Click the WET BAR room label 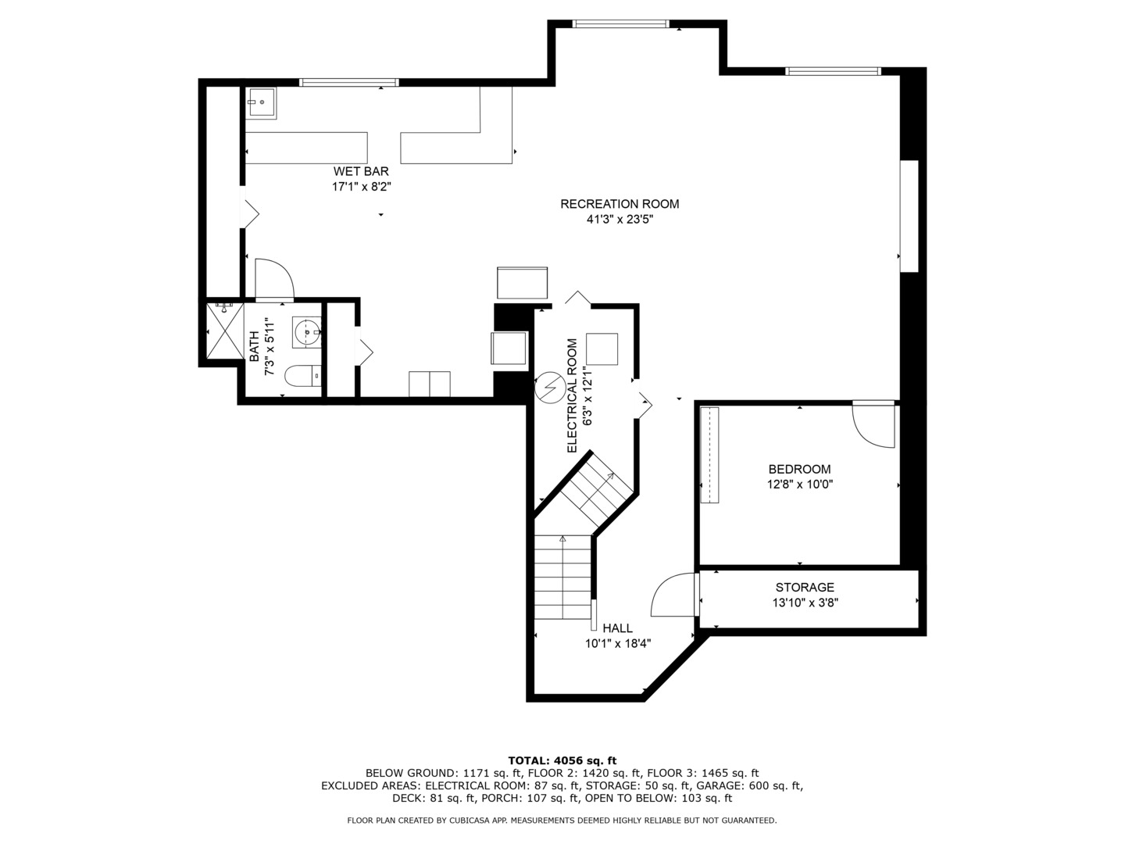point(361,171)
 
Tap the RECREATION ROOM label point(620,204)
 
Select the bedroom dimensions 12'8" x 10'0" point(799,485)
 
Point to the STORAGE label point(805,587)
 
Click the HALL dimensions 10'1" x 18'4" point(618,644)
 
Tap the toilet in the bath point(303,376)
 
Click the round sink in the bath point(307,333)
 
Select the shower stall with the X point(225,331)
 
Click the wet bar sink point(261,103)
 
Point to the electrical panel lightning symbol point(550,388)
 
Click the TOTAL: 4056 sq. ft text point(562,760)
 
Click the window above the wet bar point(349,82)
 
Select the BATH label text point(254,348)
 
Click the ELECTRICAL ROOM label point(572,395)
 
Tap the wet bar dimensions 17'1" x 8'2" point(362,187)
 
